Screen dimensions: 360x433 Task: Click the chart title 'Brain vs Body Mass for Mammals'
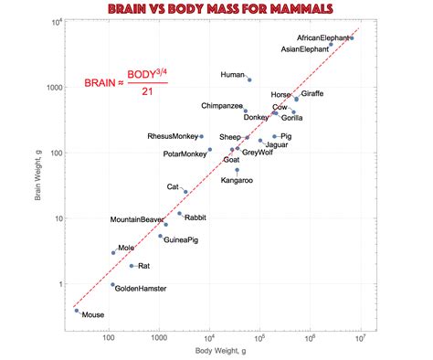[x=216, y=9]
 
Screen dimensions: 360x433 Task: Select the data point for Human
[x=249, y=79]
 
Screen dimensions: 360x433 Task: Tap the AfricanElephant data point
[x=352, y=38]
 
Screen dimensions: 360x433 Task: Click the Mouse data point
[x=77, y=311]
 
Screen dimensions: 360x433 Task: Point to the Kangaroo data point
[x=238, y=169]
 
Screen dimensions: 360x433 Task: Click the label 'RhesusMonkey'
[x=172, y=136]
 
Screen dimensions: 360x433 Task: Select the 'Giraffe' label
[x=312, y=94]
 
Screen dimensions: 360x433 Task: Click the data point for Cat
[x=185, y=192]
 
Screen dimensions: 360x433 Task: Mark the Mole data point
[x=113, y=252]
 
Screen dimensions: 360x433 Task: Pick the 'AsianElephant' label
[x=303, y=49]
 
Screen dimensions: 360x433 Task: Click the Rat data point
[x=132, y=266]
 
